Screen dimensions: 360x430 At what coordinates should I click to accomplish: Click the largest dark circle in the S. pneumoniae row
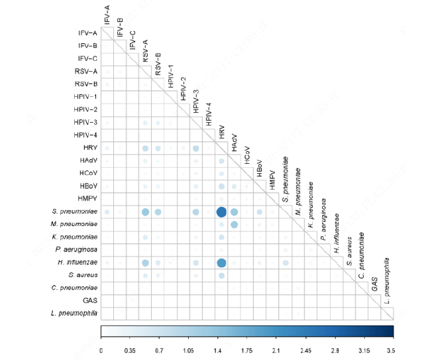pos(221,212)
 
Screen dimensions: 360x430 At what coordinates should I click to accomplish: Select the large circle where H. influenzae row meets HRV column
pos(221,263)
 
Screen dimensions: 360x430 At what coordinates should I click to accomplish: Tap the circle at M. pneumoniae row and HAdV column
pos(235,225)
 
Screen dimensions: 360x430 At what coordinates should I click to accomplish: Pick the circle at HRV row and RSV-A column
pos(144,149)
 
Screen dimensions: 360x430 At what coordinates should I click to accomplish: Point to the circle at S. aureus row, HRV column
pos(221,275)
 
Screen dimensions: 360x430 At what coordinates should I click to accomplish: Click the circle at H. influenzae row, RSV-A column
pos(144,263)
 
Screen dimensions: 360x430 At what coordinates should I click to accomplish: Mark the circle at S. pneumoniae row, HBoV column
pos(260,212)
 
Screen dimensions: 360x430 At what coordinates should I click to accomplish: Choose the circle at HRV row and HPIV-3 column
pos(195,149)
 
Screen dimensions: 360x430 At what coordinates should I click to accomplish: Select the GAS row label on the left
pos(90,300)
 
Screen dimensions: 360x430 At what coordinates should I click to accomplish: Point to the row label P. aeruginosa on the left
pos(78,250)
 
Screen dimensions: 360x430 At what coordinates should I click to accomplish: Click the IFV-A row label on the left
pos(87,33)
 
